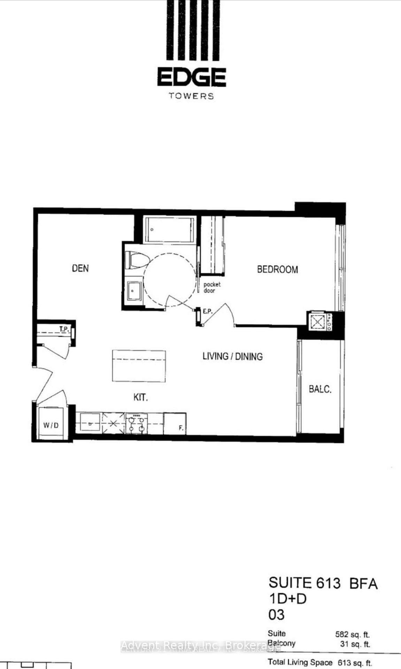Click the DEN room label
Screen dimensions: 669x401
(80, 268)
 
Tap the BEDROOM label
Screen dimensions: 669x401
(277, 269)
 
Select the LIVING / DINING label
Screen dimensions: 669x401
(232, 356)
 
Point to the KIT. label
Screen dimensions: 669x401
(140, 397)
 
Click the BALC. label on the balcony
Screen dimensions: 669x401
(320, 389)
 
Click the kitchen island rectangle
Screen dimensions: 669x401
(139, 366)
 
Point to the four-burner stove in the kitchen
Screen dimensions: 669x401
(136, 423)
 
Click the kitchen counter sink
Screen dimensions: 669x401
(90, 422)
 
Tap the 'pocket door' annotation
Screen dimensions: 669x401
(212, 287)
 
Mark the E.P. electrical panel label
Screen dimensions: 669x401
(208, 311)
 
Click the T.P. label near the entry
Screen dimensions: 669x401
(64, 329)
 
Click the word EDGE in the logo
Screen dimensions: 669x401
(192, 77)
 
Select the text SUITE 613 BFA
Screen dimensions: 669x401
(323, 583)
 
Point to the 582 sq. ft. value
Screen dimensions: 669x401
(352, 635)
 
